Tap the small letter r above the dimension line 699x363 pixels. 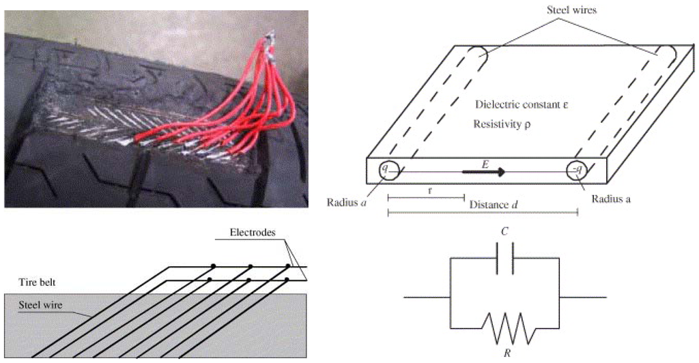[x=429, y=191]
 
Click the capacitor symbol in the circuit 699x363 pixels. [x=505, y=259]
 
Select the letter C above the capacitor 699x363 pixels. [x=504, y=232]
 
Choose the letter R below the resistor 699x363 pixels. [x=505, y=353]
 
